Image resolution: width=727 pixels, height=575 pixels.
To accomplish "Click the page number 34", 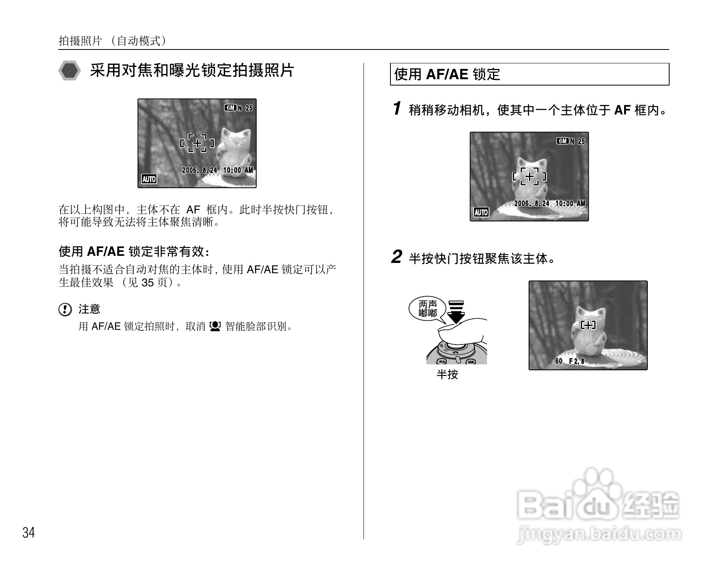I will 29,533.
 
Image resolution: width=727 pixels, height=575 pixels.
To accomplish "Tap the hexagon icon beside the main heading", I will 69,71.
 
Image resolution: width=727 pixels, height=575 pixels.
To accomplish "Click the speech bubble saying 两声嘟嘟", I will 428,309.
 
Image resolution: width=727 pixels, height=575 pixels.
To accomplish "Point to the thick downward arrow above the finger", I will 457,312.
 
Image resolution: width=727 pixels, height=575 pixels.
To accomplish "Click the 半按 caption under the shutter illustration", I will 447,374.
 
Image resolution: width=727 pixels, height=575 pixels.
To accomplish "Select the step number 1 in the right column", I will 397,109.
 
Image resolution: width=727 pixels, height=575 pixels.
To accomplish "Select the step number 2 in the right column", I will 396,257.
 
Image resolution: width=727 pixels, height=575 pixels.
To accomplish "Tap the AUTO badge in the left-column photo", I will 149,179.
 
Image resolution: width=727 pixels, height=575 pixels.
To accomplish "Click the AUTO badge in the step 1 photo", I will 481,212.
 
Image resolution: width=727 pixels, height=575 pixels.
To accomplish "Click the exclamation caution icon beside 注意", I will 65,309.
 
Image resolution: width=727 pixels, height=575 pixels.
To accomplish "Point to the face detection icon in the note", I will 215,326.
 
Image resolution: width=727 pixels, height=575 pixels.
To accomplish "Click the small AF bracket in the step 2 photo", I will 588,325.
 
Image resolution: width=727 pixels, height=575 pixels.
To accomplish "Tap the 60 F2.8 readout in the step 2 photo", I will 569,361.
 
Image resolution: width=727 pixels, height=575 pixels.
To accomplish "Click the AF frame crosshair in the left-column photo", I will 197,143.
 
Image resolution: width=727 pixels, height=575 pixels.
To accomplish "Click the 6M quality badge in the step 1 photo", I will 563,141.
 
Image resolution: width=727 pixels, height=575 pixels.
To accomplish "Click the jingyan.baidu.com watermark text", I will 599,535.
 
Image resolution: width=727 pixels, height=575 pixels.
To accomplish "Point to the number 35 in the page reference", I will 147,283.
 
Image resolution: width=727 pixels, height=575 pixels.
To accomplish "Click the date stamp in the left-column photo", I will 217,170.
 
